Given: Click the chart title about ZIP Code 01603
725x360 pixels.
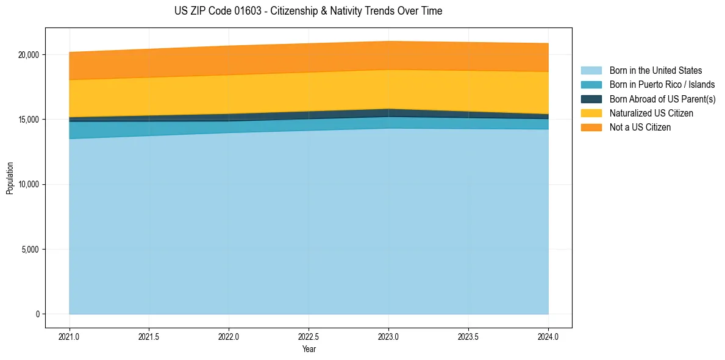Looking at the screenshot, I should tap(308, 11).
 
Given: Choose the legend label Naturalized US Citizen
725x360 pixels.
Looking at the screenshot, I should tap(651, 113).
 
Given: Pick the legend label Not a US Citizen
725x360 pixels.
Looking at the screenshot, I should tap(640, 127).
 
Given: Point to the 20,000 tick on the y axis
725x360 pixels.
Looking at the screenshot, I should tap(28, 54).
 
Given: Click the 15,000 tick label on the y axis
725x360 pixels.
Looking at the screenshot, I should tap(28, 120).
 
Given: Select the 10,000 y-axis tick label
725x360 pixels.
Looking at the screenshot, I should tap(28, 184).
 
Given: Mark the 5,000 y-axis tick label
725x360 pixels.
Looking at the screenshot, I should tap(30, 249).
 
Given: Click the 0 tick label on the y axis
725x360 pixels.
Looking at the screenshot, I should tap(37, 314).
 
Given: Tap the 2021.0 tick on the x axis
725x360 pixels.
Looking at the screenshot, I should tap(69, 336).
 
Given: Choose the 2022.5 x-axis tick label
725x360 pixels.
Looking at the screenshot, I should tap(309, 336).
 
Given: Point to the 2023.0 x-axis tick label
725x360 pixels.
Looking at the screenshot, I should tap(388, 336).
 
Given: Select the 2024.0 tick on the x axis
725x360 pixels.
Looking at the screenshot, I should tap(548, 336).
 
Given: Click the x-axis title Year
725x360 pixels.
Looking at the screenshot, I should tap(309, 349).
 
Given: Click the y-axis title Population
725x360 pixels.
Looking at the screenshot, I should tap(10, 178).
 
